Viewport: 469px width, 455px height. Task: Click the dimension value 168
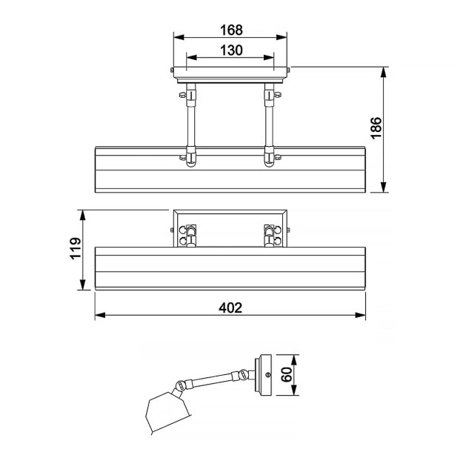click(231, 30)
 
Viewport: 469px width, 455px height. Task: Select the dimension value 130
click(231, 50)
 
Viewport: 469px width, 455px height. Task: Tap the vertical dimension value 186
click(376, 127)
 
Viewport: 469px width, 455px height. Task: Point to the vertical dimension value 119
click(76, 248)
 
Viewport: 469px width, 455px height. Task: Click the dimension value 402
click(230, 308)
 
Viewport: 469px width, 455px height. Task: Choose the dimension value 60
click(287, 374)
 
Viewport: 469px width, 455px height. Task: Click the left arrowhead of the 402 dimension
click(100, 315)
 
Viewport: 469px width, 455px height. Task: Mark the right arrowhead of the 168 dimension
click(282, 37)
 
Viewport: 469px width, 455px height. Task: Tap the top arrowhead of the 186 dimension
click(384, 73)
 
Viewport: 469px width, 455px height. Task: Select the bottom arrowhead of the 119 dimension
click(82, 285)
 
